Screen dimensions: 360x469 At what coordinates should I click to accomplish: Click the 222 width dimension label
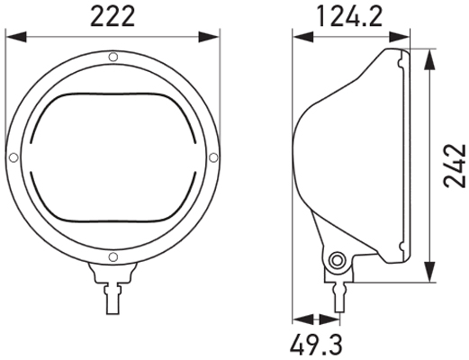pyautogui.click(x=113, y=15)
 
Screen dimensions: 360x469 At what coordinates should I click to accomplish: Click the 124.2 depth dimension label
pyautogui.click(x=352, y=15)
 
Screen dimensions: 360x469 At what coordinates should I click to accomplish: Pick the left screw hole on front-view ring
pyautogui.click(x=12, y=158)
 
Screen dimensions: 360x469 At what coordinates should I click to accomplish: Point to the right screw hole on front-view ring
pyautogui.click(x=212, y=158)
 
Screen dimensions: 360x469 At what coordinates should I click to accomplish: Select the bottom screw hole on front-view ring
pyautogui.click(x=113, y=259)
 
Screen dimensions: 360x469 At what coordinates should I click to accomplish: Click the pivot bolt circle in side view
pyautogui.click(x=338, y=261)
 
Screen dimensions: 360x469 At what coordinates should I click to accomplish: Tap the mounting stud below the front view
pyautogui.click(x=113, y=293)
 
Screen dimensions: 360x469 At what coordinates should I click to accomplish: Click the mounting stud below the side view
pyautogui.click(x=338, y=293)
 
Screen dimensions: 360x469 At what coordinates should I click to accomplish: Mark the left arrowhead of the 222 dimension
pyautogui.click(x=12, y=37)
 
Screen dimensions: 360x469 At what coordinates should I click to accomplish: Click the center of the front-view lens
pyautogui.click(x=113, y=158)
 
